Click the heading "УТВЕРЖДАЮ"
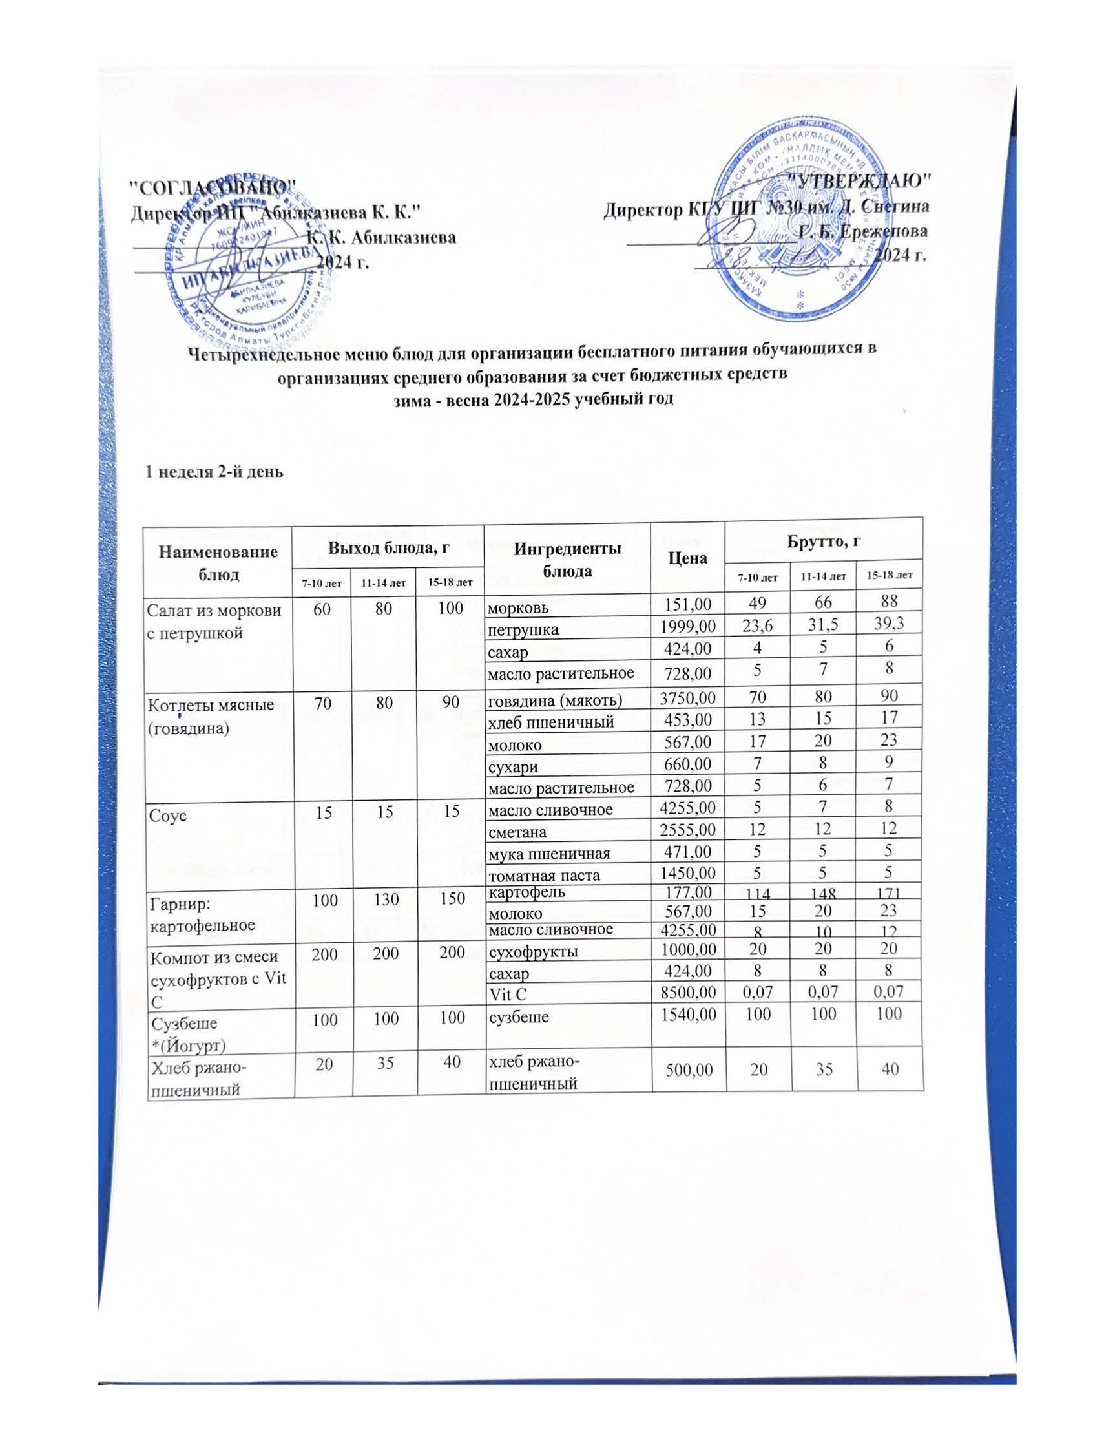pos(860,180)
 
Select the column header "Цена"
pos(687,558)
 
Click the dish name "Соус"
pos(169,816)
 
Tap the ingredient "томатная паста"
pos(544,876)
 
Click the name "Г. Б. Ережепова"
pos(862,232)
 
